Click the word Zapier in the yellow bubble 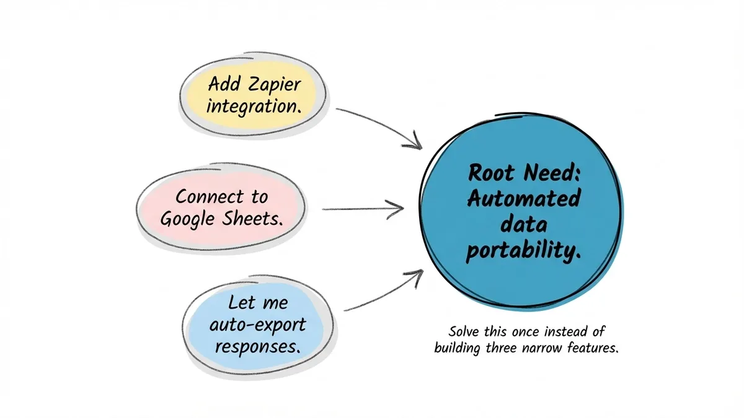click(273, 84)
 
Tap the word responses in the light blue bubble click(259, 345)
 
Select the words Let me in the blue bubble click(257, 303)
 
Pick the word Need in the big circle click(549, 173)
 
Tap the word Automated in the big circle click(524, 199)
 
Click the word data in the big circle click(524, 225)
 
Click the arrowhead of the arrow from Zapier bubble click(412, 144)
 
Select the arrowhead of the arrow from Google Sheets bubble click(397, 209)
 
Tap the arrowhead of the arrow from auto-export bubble click(414, 273)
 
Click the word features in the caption click(593, 348)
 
